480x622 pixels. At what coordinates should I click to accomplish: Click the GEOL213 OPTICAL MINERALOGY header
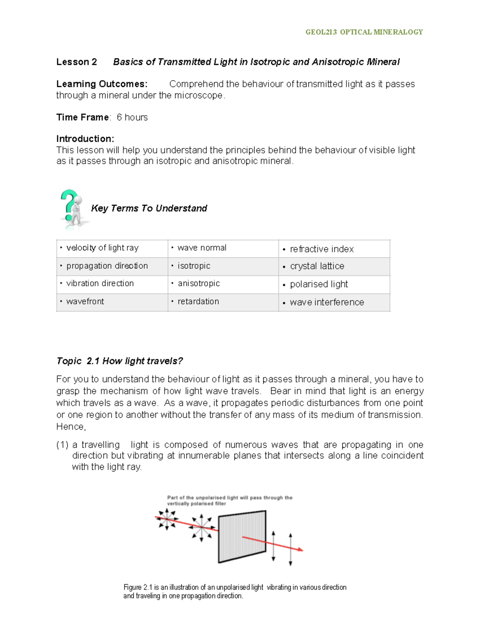click(364, 32)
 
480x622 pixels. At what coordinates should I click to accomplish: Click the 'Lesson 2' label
click(76, 62)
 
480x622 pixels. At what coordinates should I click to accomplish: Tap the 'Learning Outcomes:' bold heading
click(102, 84)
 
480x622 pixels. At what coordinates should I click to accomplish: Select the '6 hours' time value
click(132, 117)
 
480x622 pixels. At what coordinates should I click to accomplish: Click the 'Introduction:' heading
click(85, 139)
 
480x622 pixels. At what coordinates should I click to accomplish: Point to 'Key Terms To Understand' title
click(149, 208)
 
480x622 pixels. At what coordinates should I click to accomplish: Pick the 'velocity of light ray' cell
click(102, 248)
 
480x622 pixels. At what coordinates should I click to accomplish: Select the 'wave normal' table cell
click(202, 248)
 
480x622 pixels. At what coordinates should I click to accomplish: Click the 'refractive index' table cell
click(322, 249)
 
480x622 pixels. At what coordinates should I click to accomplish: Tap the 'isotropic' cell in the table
click(194, 266)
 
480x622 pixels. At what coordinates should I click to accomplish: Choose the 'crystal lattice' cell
click(317, 266)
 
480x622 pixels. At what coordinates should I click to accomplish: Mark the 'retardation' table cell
click(198, 302)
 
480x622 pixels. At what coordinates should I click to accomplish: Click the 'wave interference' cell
click(327, 302)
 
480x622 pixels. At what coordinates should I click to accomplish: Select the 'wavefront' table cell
click(85, 302)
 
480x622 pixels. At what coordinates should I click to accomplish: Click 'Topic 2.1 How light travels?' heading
click(120, 361)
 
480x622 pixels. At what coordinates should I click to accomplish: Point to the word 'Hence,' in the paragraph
click(71, 427)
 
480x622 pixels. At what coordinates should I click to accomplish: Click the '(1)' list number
click(62, 445)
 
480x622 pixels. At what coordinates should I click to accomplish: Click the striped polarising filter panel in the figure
click(242, 537)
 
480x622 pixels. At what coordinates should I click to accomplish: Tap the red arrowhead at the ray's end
click(300, 550)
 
